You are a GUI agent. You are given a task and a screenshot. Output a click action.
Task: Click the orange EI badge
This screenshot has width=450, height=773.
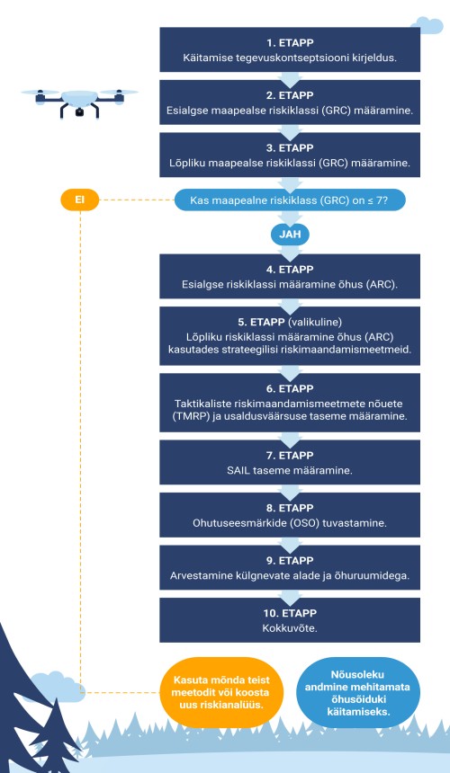point(80,200)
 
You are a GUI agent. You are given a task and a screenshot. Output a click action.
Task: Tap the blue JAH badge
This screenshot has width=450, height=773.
point(290,235)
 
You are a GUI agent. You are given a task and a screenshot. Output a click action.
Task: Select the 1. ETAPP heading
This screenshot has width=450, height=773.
point(290,42)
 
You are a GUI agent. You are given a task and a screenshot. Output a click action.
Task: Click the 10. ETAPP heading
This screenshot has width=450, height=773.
point(290,613)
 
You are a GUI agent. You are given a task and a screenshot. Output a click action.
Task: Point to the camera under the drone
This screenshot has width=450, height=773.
point(79,112)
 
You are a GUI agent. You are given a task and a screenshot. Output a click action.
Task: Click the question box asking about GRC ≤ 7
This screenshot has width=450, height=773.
point(290,200)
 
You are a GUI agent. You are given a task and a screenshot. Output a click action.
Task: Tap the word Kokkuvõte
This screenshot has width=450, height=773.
point(290,628)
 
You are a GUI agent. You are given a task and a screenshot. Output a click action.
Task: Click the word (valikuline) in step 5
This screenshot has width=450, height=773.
point(323,322)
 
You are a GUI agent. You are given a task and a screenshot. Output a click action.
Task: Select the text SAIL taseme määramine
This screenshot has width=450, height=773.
point(290,470)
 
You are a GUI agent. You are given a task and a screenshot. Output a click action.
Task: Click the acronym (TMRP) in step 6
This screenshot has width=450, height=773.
point(189,415)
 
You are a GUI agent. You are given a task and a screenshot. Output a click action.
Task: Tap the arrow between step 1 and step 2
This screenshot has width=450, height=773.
point(290,77)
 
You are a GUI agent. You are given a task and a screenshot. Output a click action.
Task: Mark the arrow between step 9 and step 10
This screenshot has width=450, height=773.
point(290,594)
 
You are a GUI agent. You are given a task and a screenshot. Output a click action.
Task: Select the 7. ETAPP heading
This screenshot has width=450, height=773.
point(290,455)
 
